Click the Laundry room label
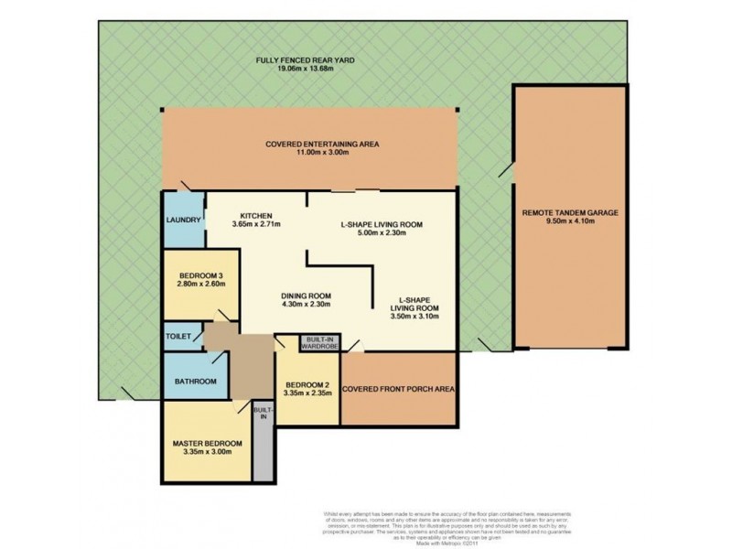[183, 220]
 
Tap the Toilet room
[179, 337]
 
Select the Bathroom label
[197, 381]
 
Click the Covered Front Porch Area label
[398, 388]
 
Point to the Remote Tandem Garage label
[570, 212]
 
